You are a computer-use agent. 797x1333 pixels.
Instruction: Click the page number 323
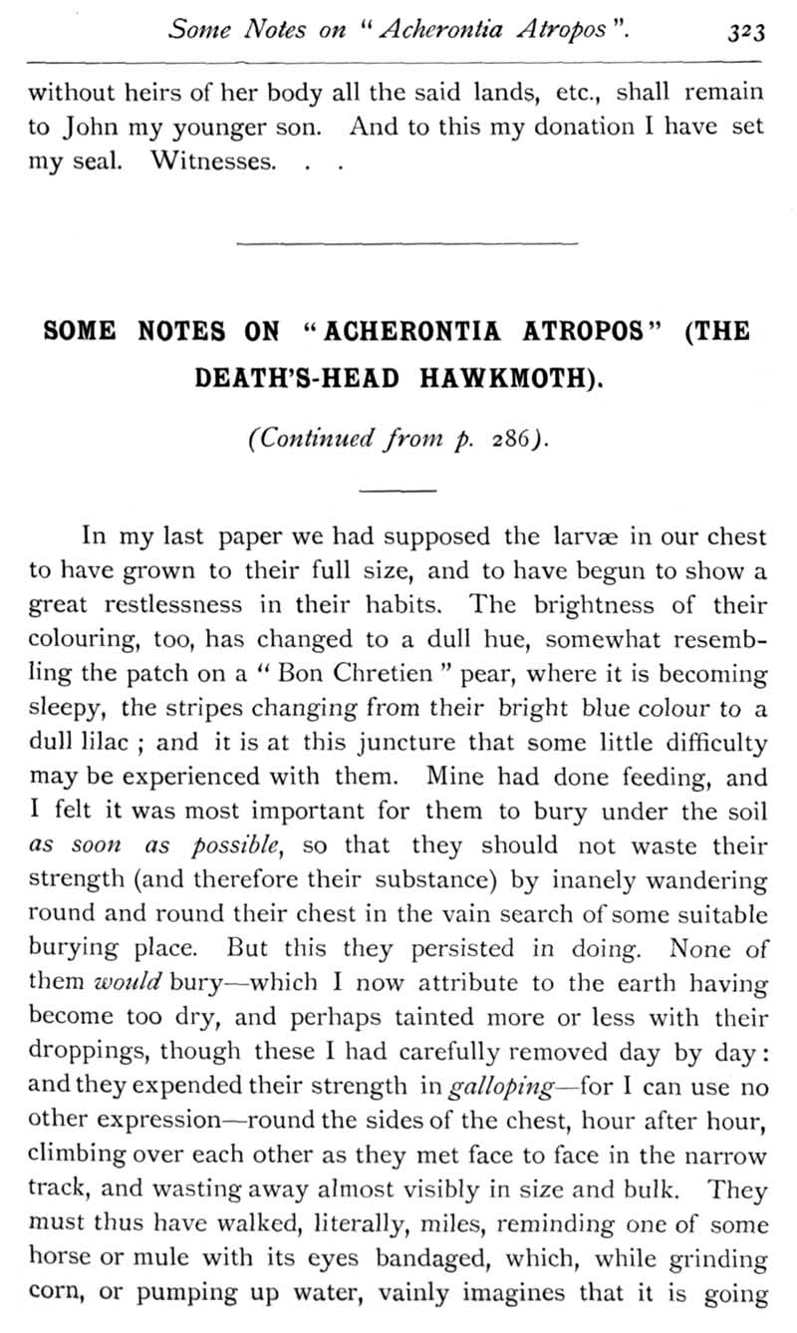coord(743,31)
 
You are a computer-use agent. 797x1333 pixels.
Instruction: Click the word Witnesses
coord(212,161)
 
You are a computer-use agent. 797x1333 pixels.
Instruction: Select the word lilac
coord(102,743)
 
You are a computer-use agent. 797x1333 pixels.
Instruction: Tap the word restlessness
coord(175,605)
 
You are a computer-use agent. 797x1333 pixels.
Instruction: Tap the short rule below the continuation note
coord(398,490)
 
